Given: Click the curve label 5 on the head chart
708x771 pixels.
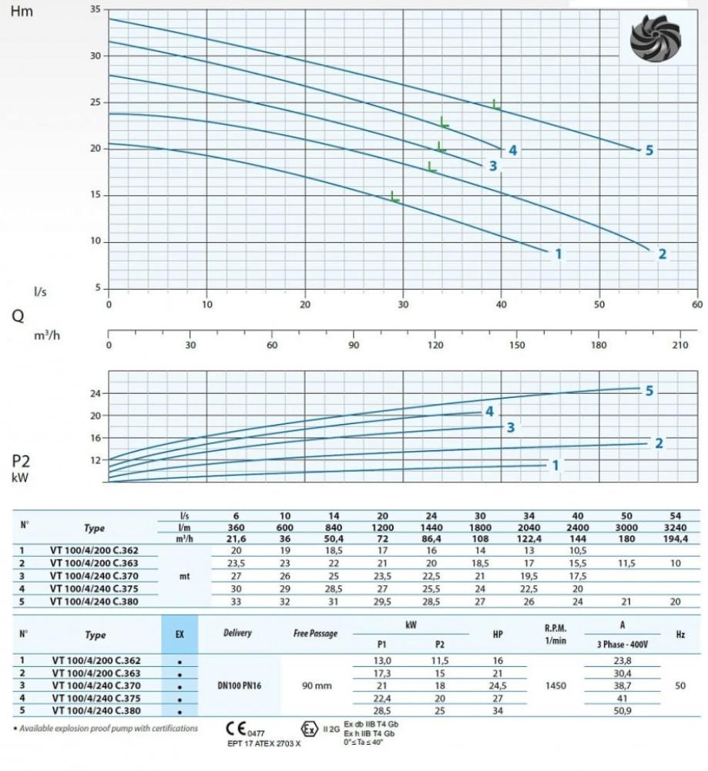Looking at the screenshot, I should [x=649, y=150].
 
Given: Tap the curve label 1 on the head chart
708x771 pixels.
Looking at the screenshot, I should [x=559, y=254].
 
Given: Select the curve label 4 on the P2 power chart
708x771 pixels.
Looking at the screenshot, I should [x=488, y=412].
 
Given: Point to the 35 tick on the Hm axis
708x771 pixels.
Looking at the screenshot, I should [x=95, y=9].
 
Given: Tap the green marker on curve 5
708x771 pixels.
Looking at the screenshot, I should [x=497, y=104].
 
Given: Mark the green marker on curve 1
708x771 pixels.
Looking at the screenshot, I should [x=395, y=197].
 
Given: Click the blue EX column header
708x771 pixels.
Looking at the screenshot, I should [x=180, y=635].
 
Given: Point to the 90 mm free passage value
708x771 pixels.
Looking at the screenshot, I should [x=315, y=685].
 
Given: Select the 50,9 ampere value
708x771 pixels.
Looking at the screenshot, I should [x=622, y=710].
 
